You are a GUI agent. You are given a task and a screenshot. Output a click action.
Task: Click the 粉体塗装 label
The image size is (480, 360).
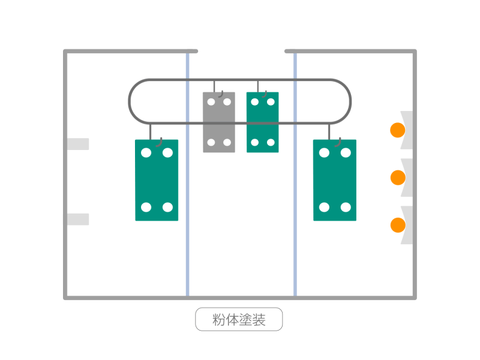[x=239, y=319]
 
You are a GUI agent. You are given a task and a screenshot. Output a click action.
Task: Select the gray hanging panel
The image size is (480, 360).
[x=219, y=122]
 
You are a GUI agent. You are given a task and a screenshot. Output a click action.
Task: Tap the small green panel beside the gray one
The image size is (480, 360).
[x=263, y=122]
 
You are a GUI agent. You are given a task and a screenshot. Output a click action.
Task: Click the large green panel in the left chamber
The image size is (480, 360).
[x=157, y=180]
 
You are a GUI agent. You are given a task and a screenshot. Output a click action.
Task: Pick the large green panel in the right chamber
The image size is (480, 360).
[x=335, y=180]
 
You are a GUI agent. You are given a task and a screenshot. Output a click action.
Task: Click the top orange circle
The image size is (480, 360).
[x=398, y=130]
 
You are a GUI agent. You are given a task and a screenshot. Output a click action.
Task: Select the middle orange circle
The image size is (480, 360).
[x=398, y=178]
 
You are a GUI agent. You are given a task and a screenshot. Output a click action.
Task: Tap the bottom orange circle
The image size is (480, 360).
[x=398, y=225]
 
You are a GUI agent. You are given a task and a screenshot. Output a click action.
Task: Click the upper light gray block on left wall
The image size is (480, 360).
[x=78, y=144]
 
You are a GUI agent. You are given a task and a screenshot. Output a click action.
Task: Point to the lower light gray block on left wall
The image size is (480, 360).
[x=78, y=219]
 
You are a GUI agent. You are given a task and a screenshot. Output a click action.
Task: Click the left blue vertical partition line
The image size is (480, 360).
[x=188, y=175]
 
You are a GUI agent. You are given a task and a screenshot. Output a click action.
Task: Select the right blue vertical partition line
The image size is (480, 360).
[x=295, y=175]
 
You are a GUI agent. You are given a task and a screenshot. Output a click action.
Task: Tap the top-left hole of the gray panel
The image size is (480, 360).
[x=211, y=101]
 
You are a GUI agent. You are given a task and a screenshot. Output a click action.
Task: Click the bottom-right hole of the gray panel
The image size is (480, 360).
[x=227, y=142]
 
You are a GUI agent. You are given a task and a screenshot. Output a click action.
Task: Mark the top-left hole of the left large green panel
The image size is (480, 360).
[x=146, y=152]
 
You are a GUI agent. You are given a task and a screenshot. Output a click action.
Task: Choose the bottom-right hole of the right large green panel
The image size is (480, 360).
[x=346, y=207]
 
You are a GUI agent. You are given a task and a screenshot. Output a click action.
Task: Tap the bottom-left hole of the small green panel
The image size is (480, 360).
[x=254, y=142]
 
